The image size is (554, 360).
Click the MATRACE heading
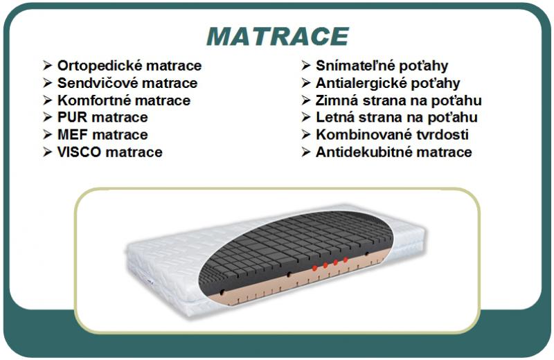(x=278, y=37)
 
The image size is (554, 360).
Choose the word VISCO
(x=79, y=152)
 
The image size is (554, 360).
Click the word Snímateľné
(x=358, y=66)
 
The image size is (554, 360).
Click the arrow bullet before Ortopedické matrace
(x=48, y=65)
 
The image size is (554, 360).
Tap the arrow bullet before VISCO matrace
(x=48, y=152)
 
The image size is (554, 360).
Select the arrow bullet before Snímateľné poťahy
(x=306, y=65)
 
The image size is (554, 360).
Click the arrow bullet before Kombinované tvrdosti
(x=306, y=134)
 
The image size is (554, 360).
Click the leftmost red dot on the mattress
(x=314, y=268)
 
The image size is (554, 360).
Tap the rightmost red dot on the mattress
(x=346, y=260)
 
